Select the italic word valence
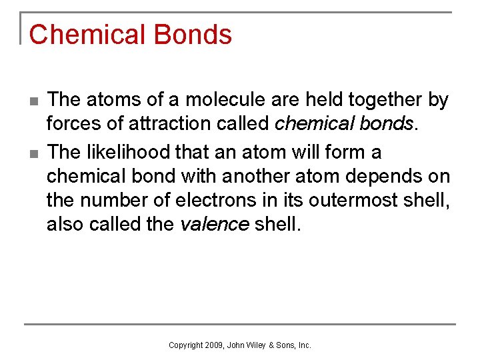pos(214,225)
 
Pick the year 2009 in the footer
pos(213,345)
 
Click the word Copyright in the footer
pos(185,345)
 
